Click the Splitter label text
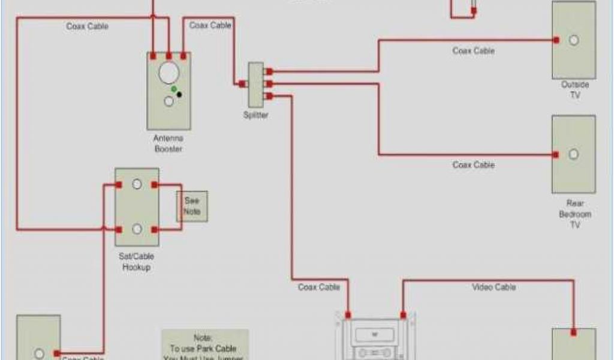coord(256,115)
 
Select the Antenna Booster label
coord(168,143)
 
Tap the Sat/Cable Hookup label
coord(137,262)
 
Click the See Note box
coord(192,206)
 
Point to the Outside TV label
coord(574,90)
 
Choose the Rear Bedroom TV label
coord(574,214)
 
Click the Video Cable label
coord(493,287)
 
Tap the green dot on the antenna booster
coord(174,89)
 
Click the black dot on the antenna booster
coord(179,95)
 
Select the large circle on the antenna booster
coord(168,73)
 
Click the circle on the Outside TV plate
coord(574,40)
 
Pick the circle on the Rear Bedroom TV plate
coord(574,154)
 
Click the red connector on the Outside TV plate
coord(556,40)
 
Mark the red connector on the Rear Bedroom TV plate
coord(556,155)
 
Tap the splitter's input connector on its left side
coord(241,84)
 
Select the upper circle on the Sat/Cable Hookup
coord(137,185)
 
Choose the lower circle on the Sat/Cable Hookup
coord(137,229)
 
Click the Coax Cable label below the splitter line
coord(319,287)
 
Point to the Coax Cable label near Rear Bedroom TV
coord(474,164)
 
